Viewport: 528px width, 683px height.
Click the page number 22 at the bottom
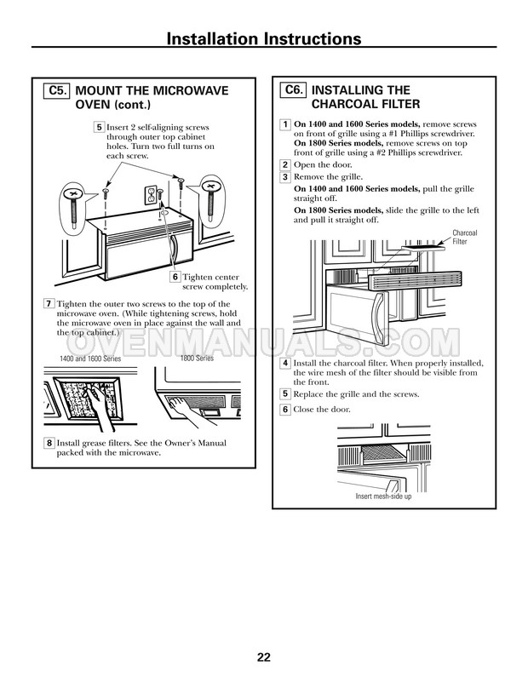pyautogui.click(x=263, y=657)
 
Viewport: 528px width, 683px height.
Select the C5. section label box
pyautogui.click(x=57, y=89)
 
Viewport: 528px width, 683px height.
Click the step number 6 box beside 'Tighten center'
pyautogui.click(x=175, y=277)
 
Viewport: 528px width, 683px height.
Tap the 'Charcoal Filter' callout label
pyautogui.click(x=465, y=236)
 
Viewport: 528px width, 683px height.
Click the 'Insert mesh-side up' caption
pyautogui.click(x=383, y=496)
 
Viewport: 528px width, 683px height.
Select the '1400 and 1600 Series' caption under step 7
pyautogui.click(x=89, y=360)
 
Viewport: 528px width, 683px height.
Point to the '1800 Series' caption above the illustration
pyautogui.click(x=197, y=359)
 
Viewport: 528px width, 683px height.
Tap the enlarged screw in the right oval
pyautogui.click(x=210, y=198)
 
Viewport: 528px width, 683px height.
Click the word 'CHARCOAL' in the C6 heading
pyautogui.click(x=345, y=104)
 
